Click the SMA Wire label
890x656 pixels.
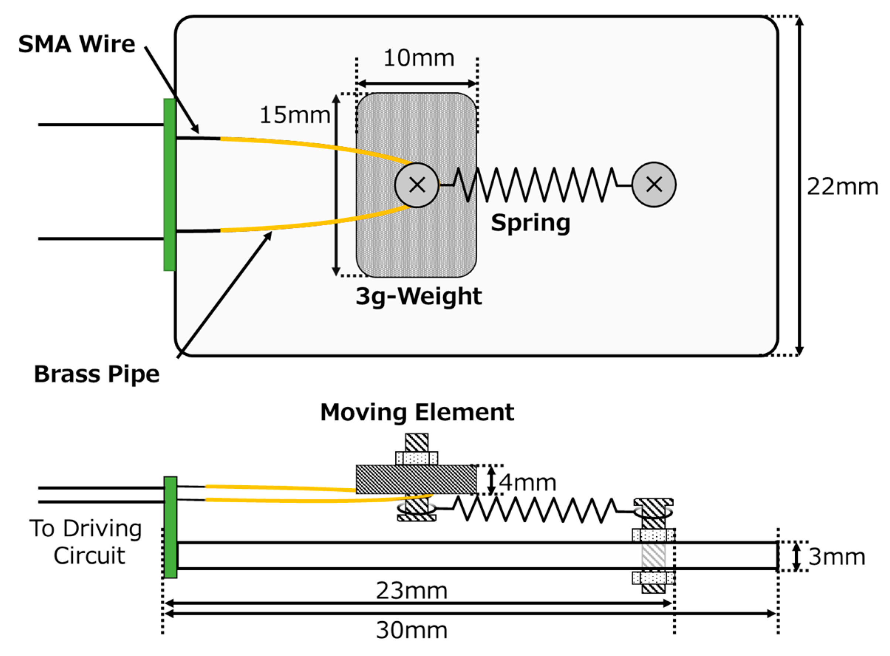[x=76, y=44]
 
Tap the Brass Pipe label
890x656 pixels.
[x=96, y=374]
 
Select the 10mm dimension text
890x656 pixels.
[x=418, y=58]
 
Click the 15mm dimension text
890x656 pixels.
[x=294, y=116]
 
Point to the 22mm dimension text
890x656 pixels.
[x=842, y=187]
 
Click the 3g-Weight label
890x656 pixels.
[x=418, y=297]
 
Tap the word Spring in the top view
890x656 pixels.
[x=530, y=223]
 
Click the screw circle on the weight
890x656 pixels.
[x=417, y=185]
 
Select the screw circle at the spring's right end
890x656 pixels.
[x=654, y=185]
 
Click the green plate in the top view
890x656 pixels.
[x=170, y=185]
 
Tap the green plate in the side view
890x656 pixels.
[x=170, y=527]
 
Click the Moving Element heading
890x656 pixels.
[x=417, y=412]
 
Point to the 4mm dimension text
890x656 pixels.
[x=527, y=483]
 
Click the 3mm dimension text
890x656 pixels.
[x=836, y=557]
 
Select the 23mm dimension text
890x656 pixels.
[x=412, y=591]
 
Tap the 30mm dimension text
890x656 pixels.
[x=412, y=630]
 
